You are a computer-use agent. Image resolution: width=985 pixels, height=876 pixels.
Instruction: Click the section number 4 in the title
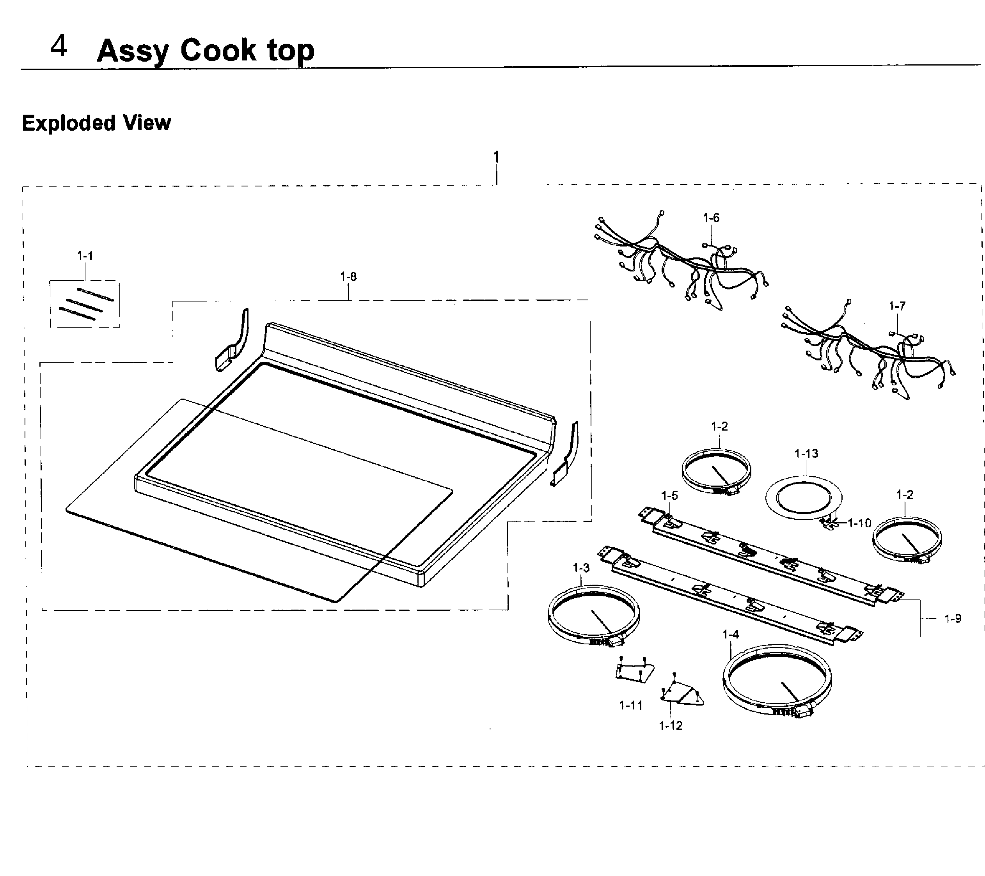[x=59, y=47]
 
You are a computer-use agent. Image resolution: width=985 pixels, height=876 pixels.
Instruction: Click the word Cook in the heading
[x=218, y=50]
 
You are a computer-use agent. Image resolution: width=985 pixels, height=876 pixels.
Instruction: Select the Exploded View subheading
[x=96, y=123]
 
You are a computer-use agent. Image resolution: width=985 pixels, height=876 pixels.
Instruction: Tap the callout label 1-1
[x=85, y=256]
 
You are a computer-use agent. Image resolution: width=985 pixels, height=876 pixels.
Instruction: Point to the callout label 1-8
[x=348, y=277]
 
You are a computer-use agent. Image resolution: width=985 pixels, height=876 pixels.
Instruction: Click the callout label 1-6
[x=711, y=218]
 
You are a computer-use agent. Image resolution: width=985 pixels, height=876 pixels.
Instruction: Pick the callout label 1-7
[x=897, y=306]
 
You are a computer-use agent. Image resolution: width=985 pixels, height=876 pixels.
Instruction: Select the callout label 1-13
[x=806, y=454]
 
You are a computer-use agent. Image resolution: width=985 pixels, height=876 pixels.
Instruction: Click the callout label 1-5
[x=669, y=495]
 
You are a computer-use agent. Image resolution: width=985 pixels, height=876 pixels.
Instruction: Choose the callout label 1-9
[x=953, y=619]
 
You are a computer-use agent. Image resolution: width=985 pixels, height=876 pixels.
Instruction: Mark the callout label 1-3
[x=581, y=568]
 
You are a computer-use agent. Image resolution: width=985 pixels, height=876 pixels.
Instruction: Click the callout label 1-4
[x=731, y=635]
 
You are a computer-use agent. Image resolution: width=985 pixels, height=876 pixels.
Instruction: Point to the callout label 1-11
[x=631, y=706]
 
